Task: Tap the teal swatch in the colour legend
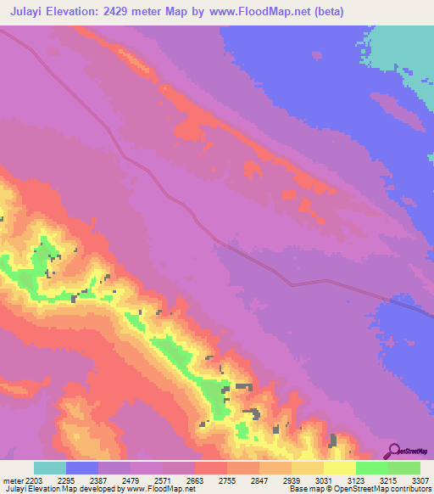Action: point(50,468)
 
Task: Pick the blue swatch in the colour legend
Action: point(82,468)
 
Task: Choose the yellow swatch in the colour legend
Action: point(340,468)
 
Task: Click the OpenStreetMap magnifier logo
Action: point(392,452)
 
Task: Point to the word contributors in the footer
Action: point(413,490)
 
